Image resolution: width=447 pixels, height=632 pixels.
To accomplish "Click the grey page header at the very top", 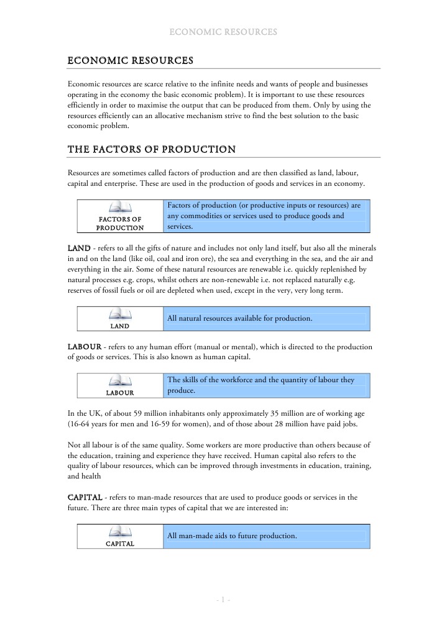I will point(223,32).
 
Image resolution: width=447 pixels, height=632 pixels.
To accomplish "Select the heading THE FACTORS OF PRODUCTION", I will point(151,149).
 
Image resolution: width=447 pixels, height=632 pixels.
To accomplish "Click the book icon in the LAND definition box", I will point(120,314).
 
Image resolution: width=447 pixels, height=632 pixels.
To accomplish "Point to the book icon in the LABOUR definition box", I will point(120,381).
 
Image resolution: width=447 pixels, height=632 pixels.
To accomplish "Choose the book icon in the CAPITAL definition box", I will point(120,532).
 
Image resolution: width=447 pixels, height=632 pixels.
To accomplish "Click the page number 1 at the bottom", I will point(223,600).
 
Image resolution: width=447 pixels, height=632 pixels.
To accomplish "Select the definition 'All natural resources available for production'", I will point(239,319).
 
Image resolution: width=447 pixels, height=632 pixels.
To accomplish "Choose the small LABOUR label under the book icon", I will point(120,393).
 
